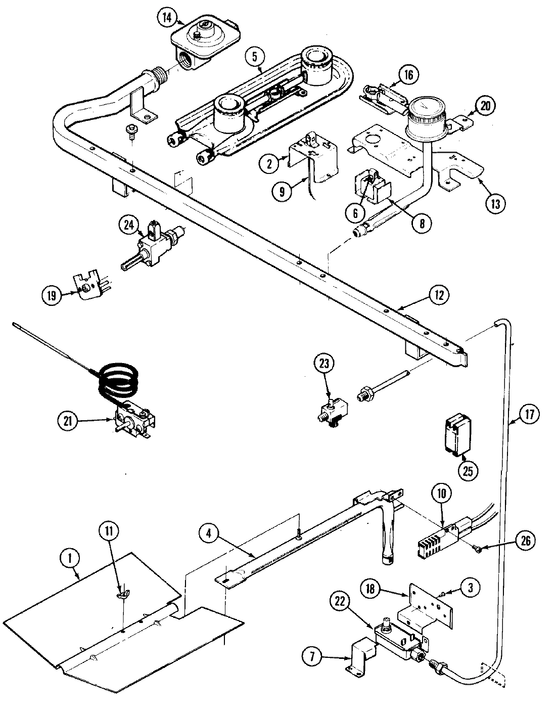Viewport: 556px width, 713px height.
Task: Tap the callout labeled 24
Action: click(x=129, y=226)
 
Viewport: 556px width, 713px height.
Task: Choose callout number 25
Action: click(x=468, y=470)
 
